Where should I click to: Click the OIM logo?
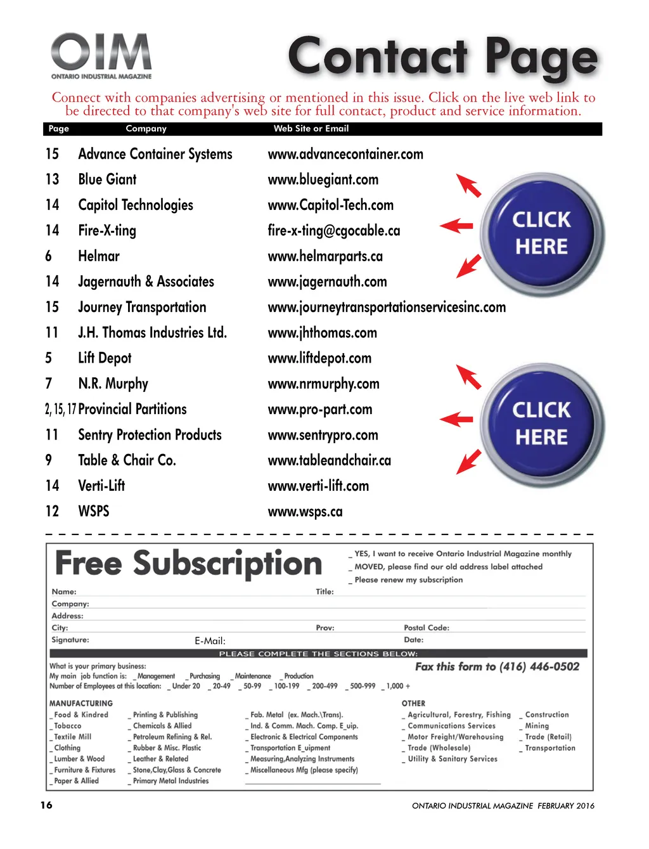pos(101,55)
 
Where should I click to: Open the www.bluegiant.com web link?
pos(323,180)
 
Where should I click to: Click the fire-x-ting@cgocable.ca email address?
pos(333,231)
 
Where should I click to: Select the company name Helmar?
pos(99,256)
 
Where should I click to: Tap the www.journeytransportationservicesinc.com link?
pos(387,308)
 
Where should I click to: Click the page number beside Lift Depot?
pos(49,358)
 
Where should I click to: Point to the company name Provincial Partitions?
pos(132,410)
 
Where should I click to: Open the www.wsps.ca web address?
pos(305,512)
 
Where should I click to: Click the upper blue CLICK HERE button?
pos(541,233)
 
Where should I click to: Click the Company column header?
pos(146,129)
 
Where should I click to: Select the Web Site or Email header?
pos(311,129)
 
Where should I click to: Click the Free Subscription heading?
pos(188,564)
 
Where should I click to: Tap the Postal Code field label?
pos(427,628)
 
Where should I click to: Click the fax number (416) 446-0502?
pos(539,666)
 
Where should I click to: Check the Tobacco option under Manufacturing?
pos(52,727)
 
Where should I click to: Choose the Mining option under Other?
pos(522,727)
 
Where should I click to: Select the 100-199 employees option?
pos(271,687)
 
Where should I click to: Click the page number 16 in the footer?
pos(46,805)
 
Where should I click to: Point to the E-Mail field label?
pos(210,641)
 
